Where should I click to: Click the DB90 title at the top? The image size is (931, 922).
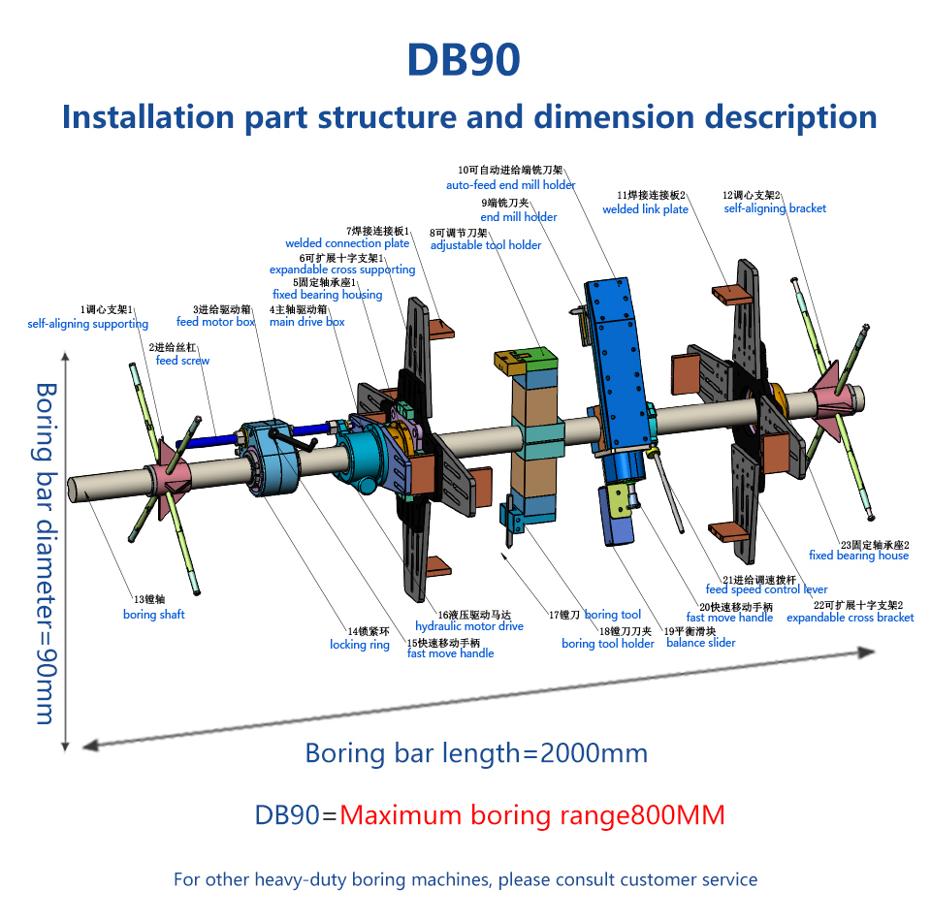(464, 60)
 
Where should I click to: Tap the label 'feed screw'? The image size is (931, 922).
(182, 361)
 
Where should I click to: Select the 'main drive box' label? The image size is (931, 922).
(307, 322)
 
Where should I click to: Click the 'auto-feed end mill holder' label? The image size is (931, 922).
(511, 185)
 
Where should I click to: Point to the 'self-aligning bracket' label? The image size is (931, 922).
(775, 208)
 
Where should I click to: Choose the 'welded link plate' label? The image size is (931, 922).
(646, 209)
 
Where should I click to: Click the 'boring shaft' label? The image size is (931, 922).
(154, 615)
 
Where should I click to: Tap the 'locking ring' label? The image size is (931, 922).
(360, 645)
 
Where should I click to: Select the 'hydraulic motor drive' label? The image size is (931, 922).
(469, 626)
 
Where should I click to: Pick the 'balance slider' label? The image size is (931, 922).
(700, 643)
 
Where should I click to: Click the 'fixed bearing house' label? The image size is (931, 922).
(858, 556)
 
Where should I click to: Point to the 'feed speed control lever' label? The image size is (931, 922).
(766, 589)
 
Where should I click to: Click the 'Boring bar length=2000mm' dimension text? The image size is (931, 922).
(476, 753)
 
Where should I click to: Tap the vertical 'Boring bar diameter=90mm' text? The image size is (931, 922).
(46, 554)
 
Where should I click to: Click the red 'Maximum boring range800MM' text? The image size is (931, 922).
(532, 815)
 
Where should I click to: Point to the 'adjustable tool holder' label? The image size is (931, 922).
(486, 245)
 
